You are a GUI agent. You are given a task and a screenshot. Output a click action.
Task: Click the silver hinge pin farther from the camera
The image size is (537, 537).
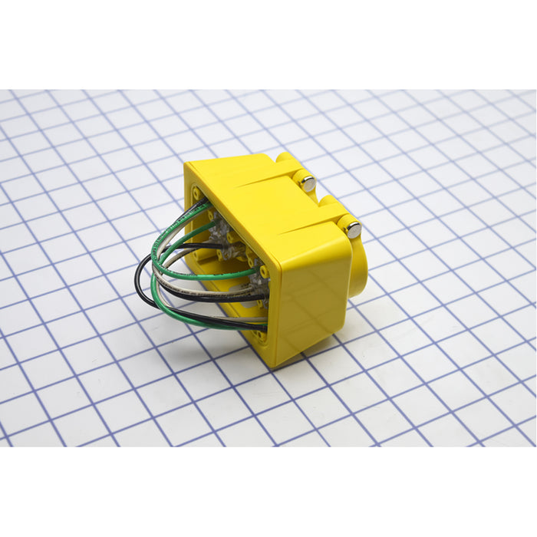308,183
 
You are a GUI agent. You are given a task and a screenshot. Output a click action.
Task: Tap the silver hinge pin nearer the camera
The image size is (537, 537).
353,228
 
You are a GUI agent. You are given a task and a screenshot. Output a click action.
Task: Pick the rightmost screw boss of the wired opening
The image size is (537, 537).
265,272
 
